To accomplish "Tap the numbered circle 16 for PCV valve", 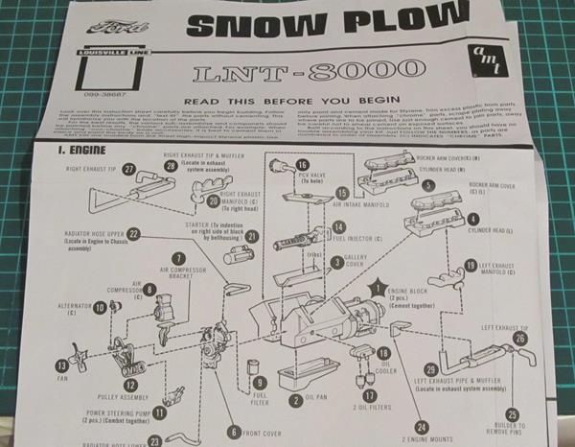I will [301, 165].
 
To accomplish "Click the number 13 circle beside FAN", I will [62, 365].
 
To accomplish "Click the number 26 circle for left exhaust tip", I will [518, 338].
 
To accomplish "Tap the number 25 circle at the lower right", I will [512, 414].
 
